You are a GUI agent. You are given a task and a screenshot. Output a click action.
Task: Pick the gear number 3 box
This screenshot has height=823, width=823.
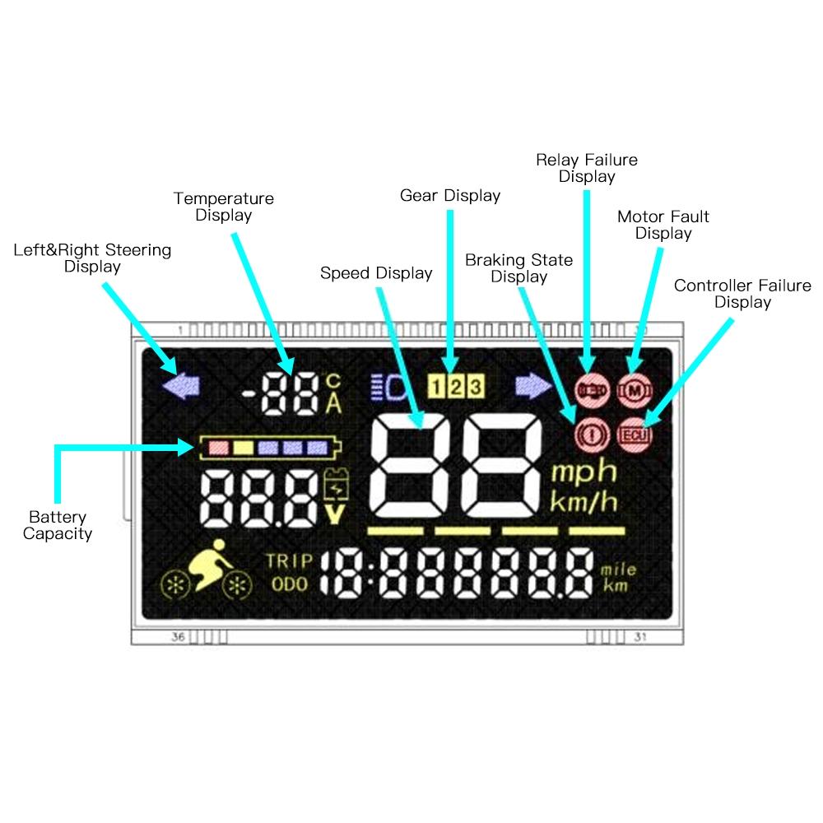coord(475,385)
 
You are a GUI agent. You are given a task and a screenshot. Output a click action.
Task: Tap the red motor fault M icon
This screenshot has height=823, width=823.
coord(633,387)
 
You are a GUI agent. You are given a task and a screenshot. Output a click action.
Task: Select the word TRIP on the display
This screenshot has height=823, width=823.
coord(289,561)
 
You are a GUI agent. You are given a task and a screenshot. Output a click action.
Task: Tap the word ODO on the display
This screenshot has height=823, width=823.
coord(289,584)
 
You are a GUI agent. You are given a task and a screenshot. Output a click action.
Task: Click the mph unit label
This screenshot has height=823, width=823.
coord(584,472)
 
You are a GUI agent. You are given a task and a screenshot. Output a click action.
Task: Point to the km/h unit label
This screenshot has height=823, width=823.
coord(584,500)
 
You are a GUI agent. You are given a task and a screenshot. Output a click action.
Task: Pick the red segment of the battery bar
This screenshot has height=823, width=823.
coord(218,448)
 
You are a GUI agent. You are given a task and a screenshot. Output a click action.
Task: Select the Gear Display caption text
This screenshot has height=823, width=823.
coord(450,196)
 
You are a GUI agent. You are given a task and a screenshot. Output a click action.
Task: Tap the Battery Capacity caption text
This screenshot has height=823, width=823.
coord(58,525)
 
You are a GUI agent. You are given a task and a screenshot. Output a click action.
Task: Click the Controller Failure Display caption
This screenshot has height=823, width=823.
coord(742,294)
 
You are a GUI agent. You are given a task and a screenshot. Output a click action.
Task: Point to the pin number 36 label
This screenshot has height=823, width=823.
coord(178,636)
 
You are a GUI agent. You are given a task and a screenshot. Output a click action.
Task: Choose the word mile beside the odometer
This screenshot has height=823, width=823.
coord(619,570)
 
